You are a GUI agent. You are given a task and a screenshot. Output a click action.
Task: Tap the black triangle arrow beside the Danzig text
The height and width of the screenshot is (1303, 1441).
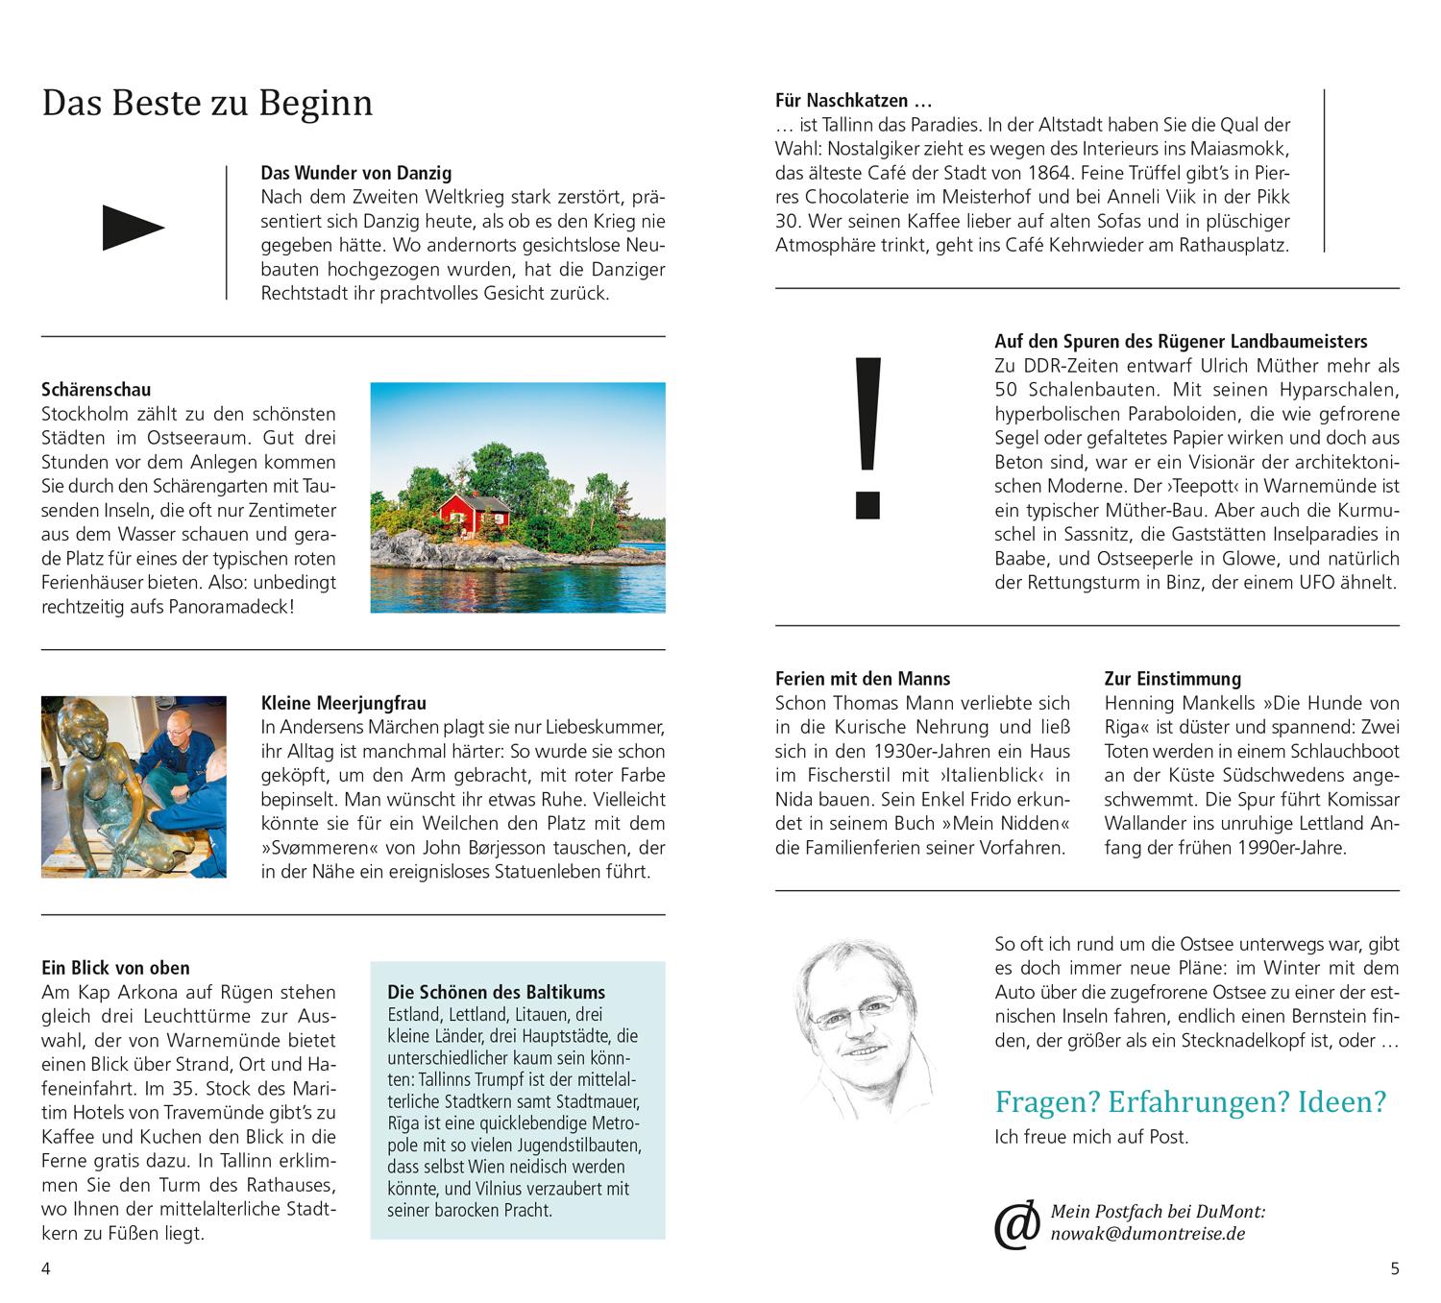[133, 229]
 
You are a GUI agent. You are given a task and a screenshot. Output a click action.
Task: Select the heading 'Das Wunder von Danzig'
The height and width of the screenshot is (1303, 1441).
[355, 174]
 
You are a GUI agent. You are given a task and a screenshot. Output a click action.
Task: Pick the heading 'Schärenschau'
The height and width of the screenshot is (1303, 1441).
[96, 390]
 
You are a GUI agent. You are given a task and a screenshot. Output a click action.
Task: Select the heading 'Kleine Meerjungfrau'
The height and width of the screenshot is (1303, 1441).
[343, 704]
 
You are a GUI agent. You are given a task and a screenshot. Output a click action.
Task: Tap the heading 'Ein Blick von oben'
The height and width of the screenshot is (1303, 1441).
[115, 968]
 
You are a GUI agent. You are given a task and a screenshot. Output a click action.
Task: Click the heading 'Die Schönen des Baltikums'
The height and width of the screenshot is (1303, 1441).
[496, 992]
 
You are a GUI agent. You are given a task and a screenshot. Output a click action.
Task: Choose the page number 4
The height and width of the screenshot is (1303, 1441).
[45, 1268]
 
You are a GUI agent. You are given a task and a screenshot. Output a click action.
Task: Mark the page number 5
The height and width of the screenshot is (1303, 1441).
[1395, 1268]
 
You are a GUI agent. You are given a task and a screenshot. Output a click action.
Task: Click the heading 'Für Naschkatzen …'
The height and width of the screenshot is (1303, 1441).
[854, 100]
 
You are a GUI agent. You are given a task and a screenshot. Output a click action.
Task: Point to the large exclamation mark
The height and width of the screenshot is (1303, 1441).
[867, 437]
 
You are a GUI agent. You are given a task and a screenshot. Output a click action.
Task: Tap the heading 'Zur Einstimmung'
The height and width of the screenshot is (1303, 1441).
[1172, 679]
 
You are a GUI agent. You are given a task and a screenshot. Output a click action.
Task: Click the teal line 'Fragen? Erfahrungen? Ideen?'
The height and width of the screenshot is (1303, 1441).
[1190, 1101]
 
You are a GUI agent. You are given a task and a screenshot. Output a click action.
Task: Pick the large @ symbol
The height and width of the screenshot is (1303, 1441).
[1016, 1225]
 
